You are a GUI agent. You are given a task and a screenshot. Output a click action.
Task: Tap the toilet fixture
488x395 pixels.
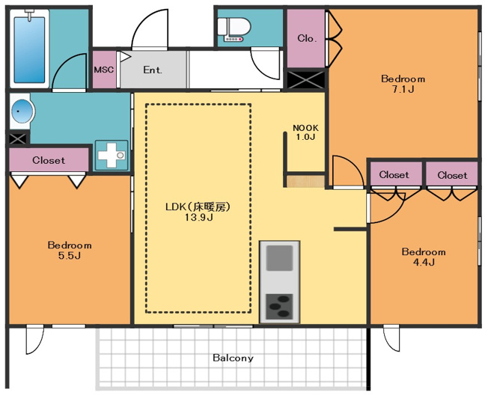(x=234, y=29)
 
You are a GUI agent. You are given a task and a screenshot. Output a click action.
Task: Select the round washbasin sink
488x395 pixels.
(x=22, y=111)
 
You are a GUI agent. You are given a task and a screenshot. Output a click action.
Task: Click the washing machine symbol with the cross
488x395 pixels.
(x=112, y=155)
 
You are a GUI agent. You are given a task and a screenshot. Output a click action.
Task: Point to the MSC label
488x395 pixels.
(x=104, y=70)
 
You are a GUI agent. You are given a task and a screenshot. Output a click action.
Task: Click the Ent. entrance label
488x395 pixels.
(x=153, y=70)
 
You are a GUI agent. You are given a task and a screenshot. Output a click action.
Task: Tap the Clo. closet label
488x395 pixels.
(x=307, y=38)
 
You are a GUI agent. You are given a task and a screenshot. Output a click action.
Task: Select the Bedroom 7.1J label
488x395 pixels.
(x=403, y=84)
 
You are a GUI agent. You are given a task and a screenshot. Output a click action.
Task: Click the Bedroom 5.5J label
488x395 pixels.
(x=70, y=251)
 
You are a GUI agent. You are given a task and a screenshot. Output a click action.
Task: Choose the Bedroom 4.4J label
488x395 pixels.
(x=424, y=257)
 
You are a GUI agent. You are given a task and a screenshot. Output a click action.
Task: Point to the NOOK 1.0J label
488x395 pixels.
(x=305, y=132)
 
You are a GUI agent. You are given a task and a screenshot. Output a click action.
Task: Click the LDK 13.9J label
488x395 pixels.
(x=198, y=212)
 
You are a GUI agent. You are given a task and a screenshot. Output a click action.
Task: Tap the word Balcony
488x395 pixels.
(x=233, y=358)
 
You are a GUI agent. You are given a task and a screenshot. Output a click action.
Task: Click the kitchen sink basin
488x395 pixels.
(x=280, y=258)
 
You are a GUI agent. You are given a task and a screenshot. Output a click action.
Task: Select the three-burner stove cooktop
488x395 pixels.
(x=279, y=307)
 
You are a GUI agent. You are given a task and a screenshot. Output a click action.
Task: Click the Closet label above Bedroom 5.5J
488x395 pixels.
(x=49, y=161)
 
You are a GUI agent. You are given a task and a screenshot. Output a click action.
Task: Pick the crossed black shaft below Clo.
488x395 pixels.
(x=306, y=79)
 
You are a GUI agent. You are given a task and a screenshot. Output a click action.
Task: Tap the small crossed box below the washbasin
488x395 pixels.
(x=18, y=138)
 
